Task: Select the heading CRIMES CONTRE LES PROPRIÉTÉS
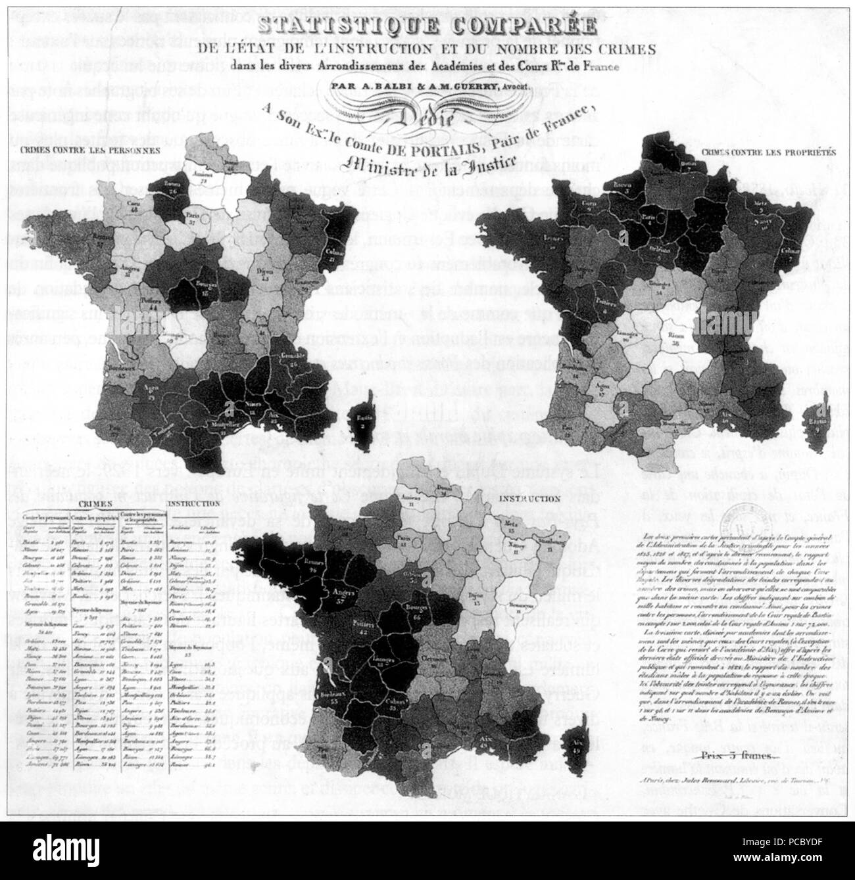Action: (768, 151)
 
